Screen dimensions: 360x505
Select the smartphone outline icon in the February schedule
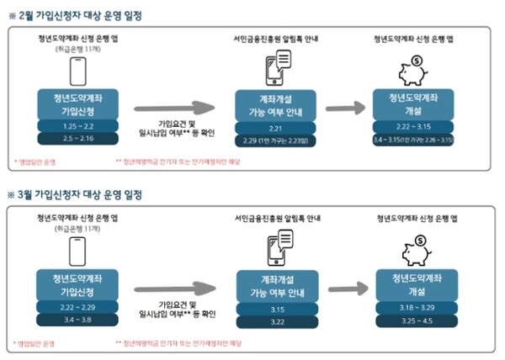(78, 72)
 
